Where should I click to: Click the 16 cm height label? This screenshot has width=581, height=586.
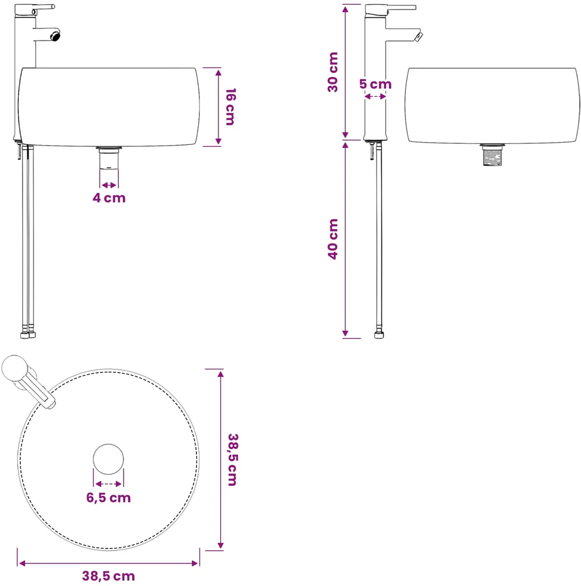[230, 107]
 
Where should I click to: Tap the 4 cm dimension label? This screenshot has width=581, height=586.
[109, 198]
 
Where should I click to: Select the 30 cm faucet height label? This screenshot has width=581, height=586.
[333, 72]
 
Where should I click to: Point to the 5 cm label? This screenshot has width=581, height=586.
[376, 84]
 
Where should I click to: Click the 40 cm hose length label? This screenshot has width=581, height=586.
[333, 239]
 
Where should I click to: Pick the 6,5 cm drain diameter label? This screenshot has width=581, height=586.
[109, 498]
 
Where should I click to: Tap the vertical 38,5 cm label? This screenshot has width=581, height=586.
[233, 459]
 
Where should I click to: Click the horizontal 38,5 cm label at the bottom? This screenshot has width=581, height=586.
[109, 576]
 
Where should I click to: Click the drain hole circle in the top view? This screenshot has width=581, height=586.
[109, 459]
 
